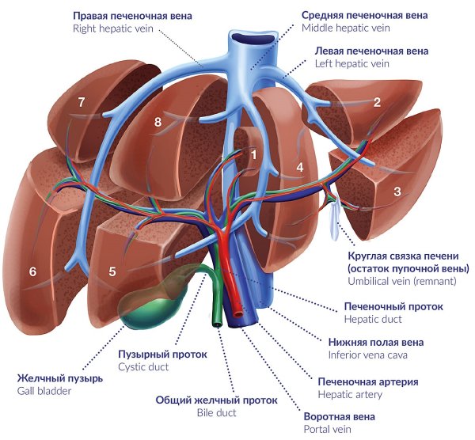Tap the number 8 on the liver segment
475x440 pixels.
pyautogui.click(x=158, y=122)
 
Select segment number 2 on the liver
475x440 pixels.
pyautogui.click(x=377, y=102)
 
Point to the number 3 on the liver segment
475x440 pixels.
pyautogui.click(x=397, y=191)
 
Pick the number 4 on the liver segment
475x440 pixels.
pyautogui.click(x=300, y=168)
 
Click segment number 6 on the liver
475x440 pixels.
pyautogui.click(x=32, y=271)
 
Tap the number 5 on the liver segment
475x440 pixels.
pyautogui.click(x=112, y=271)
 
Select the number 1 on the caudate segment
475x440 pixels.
pyautogui.click(x=254, y=154)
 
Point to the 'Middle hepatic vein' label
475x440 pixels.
pyautogui.click(x=346, y=28)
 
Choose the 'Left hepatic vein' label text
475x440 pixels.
pyautogui.click(x=348, y=63)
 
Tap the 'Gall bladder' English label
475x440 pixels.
pyautogui.click(x=44, y=391)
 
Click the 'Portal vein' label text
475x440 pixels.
pyautogui.click(x=328, y=429)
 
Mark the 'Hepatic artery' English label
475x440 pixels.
pyautogui.click(x=350, y=394)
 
